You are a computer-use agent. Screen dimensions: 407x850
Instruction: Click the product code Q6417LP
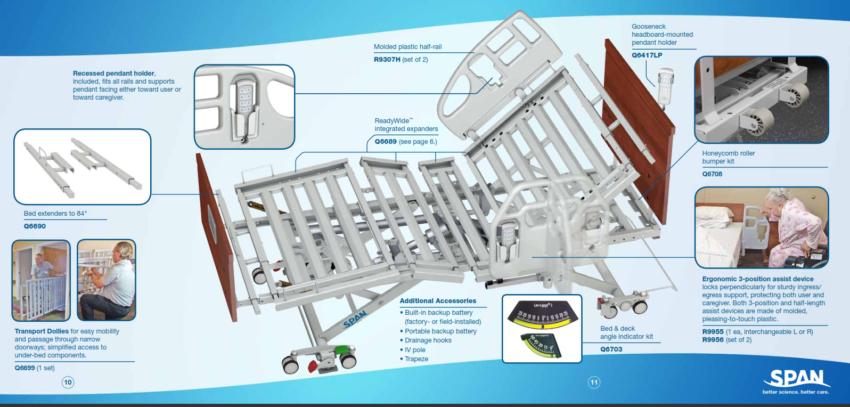[647, 55]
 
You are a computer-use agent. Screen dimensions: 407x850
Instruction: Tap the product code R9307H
[387, 60]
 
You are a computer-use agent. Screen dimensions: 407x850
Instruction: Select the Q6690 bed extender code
[35, 226]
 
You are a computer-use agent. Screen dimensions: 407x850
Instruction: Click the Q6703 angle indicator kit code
[611, 349]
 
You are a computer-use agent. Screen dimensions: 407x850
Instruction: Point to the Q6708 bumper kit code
[712, 174]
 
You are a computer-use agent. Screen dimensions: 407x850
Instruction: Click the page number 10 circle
[68, 382]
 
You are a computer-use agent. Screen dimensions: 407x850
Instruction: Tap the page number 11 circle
[594, 382]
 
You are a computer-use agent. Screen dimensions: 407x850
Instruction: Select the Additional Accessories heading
[438, 301]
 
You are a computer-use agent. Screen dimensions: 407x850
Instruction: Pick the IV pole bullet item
[415, 350]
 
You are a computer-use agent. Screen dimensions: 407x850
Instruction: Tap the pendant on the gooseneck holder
[665, 85]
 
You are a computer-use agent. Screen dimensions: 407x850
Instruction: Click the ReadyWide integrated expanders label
[406, 125]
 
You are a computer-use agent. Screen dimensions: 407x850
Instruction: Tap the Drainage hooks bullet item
[428, 340]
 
